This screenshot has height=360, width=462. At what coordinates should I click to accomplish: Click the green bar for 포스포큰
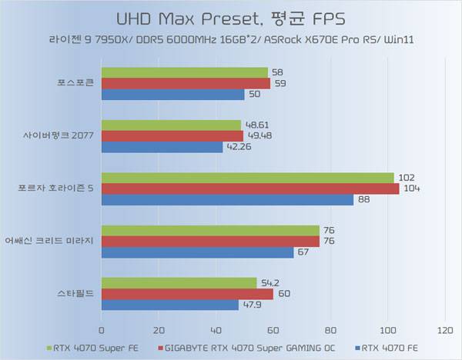(x=184, y=72)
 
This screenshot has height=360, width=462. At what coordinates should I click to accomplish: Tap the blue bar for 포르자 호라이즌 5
(x=227, y=199)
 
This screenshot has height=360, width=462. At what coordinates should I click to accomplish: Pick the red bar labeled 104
(x=249, y=188)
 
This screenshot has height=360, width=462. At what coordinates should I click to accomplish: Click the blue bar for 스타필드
(x=169, y=304)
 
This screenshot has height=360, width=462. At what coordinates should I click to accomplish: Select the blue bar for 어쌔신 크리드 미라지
(x=197, y=252)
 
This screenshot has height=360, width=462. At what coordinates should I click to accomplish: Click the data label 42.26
(x=239, y=147)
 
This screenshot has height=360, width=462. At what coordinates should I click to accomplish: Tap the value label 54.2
(x=269, y=282)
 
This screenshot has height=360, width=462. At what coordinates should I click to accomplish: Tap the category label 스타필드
(x=75, y=293)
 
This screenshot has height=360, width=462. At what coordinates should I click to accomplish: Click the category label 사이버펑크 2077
(x=58, y=136)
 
